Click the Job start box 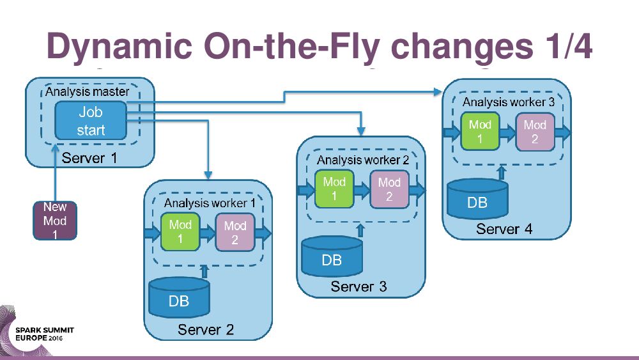point(91,121)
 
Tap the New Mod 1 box point(55,221)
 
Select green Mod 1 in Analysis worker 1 point(180,232)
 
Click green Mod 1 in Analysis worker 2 point(334,189)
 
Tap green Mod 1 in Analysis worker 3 point(480,132)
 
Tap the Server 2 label point(206,330)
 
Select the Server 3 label point(358,286)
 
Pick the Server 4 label point(504,228)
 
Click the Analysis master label point(87,91)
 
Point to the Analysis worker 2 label point(362,160)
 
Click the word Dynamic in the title point(119,47)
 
